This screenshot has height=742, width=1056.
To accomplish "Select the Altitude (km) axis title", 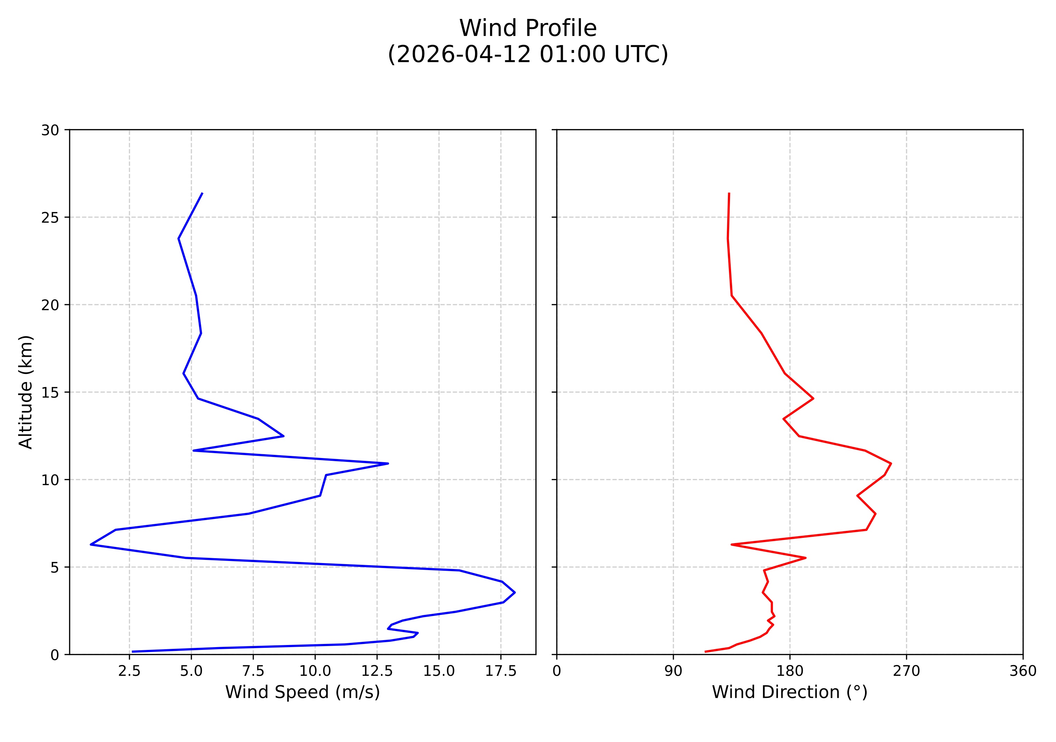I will (x=26, y=392).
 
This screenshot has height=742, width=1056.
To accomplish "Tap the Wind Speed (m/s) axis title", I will (x=302, y=692).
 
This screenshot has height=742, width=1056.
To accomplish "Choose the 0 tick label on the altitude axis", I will (x=55, y=654).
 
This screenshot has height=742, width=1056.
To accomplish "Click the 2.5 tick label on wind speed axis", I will (x=129, y=671).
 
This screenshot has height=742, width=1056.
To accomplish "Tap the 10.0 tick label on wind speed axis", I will (x=315, y=671).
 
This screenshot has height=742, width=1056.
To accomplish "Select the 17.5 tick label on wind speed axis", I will (x=501, y=671).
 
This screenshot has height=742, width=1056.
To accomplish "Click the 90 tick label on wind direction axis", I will (x=673, y=671).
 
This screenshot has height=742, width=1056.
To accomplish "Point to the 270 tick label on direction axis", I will (x=907, y=671).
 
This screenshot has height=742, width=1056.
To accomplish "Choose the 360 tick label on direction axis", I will (x=1023, y=671).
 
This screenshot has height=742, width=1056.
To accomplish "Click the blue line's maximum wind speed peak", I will (x=515, y=592).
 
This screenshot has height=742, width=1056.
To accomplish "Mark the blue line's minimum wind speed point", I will (x=91, y=545).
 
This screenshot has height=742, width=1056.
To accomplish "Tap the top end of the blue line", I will (x=203, y=193).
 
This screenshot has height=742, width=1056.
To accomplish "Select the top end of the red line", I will (x=729, y=193).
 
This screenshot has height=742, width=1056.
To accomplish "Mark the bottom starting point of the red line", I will (x=705, y=651).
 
